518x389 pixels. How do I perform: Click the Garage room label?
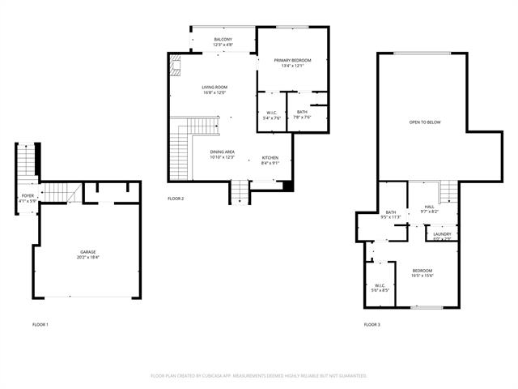click(x=87, y=254)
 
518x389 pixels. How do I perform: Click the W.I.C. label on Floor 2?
click(x=271, y=115)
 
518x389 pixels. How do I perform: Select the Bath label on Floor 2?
click(x=302, y=114)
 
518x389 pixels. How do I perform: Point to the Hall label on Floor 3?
click(x=429, y=208)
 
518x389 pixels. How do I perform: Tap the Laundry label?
click(x=442, y=236)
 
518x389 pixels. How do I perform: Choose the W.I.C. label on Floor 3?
click(x=380, y=287)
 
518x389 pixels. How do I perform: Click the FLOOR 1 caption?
click(x=40, y=324)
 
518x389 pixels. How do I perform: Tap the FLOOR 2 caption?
click(x=176, y=199)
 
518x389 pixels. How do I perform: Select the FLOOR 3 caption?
click(x=372, y=324)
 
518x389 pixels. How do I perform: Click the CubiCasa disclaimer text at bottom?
click(x=259, y=375)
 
